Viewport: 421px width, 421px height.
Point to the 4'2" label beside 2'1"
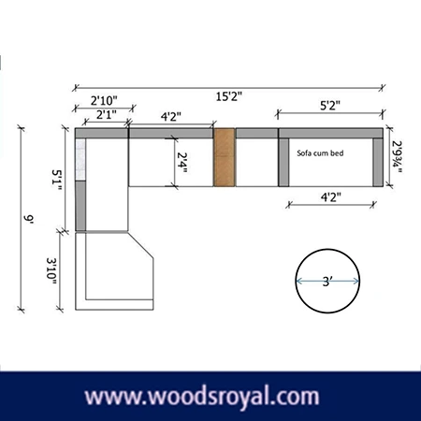coord(170,117)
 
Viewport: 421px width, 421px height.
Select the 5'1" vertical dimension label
coord(59,180)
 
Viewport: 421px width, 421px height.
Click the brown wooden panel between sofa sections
coord(222,156)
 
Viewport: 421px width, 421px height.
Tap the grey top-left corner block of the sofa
coord(80,133)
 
